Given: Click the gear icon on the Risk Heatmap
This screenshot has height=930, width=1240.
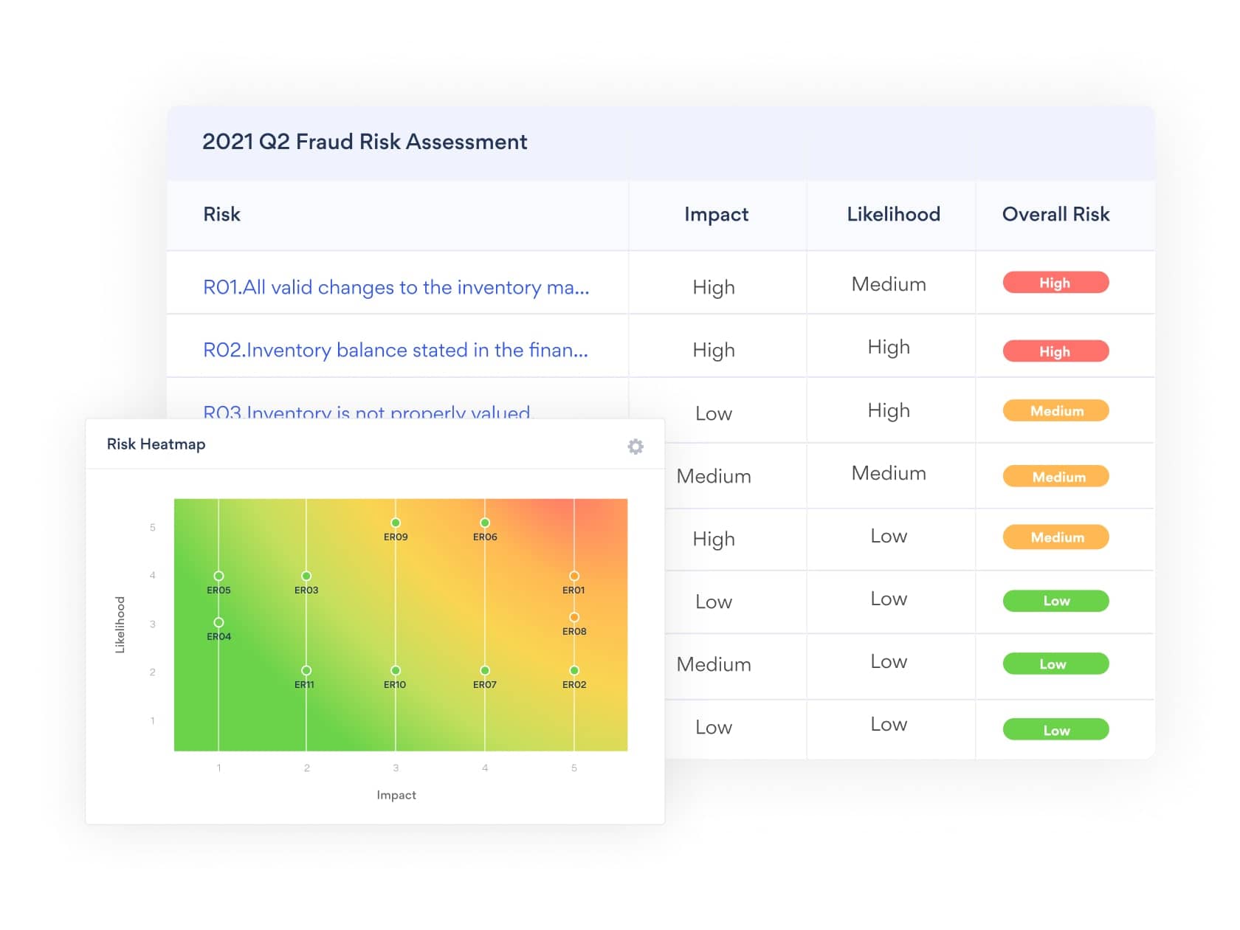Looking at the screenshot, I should tap(635, 447).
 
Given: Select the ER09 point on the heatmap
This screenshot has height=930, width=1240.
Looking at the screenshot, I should tap(396, 523).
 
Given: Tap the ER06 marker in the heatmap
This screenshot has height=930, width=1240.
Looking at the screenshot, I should tap(485, 523).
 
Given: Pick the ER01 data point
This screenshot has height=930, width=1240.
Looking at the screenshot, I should tap(574, 576).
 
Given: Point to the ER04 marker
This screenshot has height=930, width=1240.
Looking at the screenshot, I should tap(218, 622).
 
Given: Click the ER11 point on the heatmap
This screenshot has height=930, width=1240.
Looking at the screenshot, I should tap(306, 670).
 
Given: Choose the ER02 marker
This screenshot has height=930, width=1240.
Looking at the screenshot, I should tap(574, 670).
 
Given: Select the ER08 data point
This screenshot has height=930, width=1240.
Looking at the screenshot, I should tap(574, 617).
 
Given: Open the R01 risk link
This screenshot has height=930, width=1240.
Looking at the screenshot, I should tap(396, 287).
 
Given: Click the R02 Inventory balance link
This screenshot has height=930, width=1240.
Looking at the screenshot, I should tap(395, 350).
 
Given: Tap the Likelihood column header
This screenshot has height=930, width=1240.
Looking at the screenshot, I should tap(893, 214).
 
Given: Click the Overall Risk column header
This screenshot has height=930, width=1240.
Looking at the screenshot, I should tap(1055, 214).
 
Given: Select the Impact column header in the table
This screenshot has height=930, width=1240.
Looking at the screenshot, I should tap(716, 214).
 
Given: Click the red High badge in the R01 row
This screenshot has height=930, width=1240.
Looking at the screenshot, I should tap(1055, 283).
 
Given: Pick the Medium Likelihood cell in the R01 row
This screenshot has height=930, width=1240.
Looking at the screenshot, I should tap(889, 284).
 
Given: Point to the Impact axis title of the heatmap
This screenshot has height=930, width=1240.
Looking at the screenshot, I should tap(396, 795).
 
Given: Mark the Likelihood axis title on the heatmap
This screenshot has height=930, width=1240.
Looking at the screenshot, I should tap(120, 624).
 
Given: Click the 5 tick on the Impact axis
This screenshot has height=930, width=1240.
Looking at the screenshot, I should tap(574, 768).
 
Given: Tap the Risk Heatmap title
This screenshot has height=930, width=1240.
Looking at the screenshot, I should tap(156, 444).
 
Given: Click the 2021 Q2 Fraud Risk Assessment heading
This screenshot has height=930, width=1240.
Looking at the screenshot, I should tap(365, 142).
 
